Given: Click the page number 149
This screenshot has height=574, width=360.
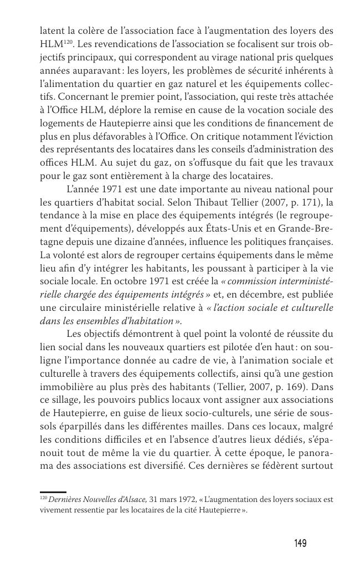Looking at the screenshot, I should [300, 543].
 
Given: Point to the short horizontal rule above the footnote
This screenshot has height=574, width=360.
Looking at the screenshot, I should [53, 491].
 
